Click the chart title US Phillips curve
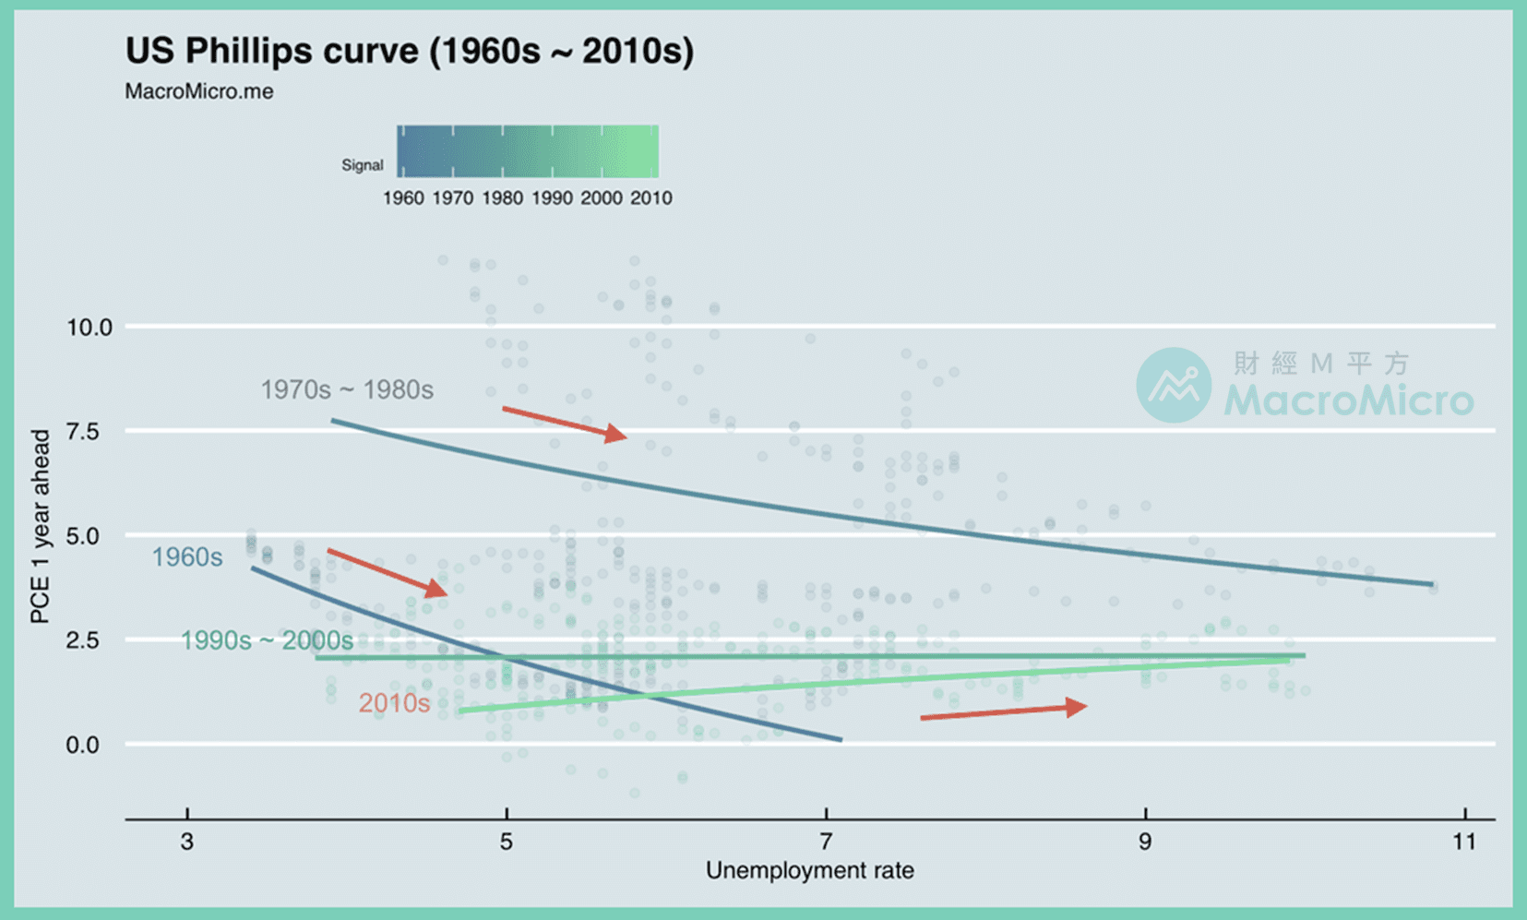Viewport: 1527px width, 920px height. click(409, 52)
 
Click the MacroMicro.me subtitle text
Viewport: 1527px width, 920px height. click(199, 91)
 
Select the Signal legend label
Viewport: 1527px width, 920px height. click(362, 165)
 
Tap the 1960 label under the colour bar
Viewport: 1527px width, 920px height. click(403, 197)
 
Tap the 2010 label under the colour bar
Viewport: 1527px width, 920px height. click(650, 197)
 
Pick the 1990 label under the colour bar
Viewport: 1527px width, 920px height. click(552, 197)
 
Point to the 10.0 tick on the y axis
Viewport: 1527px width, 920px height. click(89, 328)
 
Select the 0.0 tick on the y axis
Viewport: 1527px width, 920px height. click(89, 745)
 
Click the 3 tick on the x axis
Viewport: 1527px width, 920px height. click(187, 841)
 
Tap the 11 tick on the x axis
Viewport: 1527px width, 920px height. click(1464, 841)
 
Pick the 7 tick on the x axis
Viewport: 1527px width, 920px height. click(826, 841)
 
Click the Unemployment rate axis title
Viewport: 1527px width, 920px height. click(809, 870)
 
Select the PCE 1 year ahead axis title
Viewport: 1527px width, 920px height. click(40, 526)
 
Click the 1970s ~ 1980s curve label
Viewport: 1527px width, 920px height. click(347, 389)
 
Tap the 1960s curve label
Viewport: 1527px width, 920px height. click(187, 557)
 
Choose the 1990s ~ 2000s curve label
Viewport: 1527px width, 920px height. click(267, 640)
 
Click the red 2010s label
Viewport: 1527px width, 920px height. click(394, 703)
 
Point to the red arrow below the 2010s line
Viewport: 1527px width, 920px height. click(1003, 711)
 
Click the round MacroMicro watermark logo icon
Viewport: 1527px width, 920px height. click(1173, 385)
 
